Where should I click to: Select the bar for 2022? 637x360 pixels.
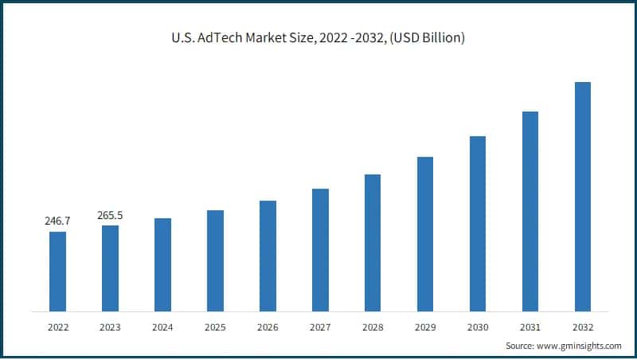tap(57, 271)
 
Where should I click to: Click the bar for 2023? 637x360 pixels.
tap(110, 268)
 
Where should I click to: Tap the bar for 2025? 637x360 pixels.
tap(215, 260)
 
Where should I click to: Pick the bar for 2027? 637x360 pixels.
tap(320, 249)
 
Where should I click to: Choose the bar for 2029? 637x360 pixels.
tap(425, 233)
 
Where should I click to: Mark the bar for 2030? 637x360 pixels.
tap(477, 223)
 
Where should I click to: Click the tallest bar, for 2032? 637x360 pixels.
tap(582, 196)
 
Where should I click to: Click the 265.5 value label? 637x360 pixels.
tap(110, 214)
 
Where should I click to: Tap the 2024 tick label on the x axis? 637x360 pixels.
tap(162, 327)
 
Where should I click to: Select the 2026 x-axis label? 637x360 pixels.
tap(268, 327)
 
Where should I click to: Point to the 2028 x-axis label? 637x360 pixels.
tap(373, 327)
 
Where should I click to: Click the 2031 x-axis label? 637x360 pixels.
tap(530, 327)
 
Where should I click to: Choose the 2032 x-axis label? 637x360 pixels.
tap(582, 327)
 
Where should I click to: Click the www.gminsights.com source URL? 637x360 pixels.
tap(579, 346)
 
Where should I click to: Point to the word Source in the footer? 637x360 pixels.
tap(519, 346)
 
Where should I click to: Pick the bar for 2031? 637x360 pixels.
tap(530, 211)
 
